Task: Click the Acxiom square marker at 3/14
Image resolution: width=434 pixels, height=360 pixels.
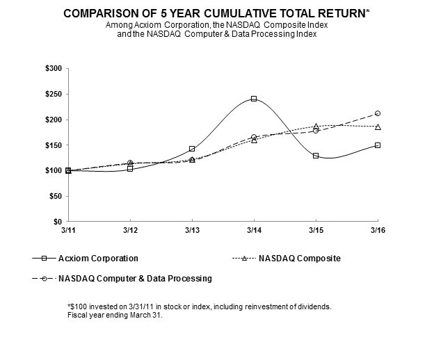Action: pyautogui.click(x=254, y=99)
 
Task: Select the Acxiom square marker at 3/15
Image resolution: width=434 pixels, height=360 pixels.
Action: pyautogui.click(x=316, y=156)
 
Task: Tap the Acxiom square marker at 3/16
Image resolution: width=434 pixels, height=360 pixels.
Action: pyautogui.click(x=378, y=145)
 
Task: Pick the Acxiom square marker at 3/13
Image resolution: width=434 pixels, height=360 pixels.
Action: pyautogui.click(x=192, y=149)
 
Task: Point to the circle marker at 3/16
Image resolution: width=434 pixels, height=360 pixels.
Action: pyautogui.click(x=378, y=113)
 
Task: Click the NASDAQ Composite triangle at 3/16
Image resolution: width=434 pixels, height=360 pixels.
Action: pyautogui.click(x=378, y=126)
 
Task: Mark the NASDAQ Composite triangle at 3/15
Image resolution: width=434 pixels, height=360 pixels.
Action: pyautogui.click(x=316, y=126)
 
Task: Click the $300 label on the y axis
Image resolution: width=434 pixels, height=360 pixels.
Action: pyautogui.click(x=53, y=68)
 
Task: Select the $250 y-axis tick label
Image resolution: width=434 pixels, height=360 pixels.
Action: pyautogui.click(x=53, y=94)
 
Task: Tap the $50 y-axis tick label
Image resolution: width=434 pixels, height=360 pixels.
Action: pyautogui.click(x=55, y=196)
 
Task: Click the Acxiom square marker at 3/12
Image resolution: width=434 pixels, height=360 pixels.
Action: pyautogui.click(x=130, y=168)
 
